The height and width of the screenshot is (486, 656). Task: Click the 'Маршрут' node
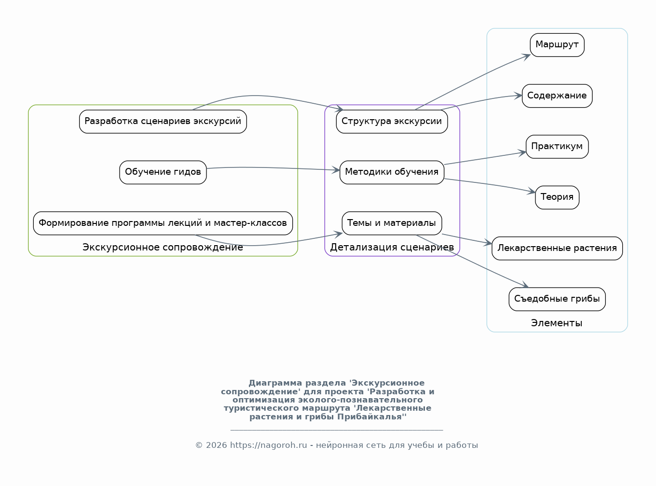557,45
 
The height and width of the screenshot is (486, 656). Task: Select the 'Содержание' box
557,96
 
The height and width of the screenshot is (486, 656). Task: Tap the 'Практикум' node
557,147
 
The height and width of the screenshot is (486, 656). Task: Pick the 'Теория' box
557,197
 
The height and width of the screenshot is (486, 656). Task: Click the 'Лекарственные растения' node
557,249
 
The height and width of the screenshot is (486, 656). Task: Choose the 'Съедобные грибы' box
557,299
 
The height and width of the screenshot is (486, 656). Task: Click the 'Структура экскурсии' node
392,122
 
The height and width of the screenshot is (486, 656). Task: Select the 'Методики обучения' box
392,173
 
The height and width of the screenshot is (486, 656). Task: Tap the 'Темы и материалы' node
392,223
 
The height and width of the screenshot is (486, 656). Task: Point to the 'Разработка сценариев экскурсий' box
163,122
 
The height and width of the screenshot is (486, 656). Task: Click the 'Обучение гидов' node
163,173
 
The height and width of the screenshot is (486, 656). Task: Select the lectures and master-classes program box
163,223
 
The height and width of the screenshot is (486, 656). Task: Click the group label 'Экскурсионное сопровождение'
163,248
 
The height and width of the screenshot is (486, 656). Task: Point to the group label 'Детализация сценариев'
392,248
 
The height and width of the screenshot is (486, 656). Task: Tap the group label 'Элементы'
557,323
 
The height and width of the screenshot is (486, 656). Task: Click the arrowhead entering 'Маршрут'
526,56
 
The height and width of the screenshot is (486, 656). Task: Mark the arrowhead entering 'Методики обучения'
336,170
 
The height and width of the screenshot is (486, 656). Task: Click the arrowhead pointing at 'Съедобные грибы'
525,285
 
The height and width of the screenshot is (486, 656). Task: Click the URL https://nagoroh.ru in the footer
269,445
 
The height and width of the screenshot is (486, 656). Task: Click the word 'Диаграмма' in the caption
275,383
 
